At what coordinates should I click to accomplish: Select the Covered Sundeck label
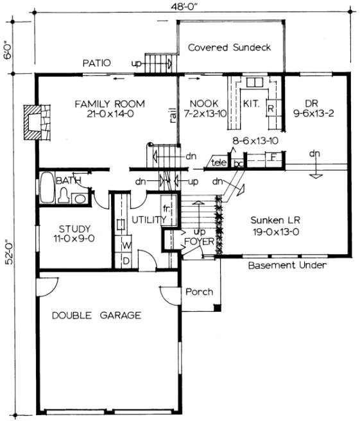229,47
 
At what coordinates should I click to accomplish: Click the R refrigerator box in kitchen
271,108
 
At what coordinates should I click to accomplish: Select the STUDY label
74,229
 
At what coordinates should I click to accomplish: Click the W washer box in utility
126,246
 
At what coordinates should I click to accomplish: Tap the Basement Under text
287,265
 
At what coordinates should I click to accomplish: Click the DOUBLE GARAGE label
96,315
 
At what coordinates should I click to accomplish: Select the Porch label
199,292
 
